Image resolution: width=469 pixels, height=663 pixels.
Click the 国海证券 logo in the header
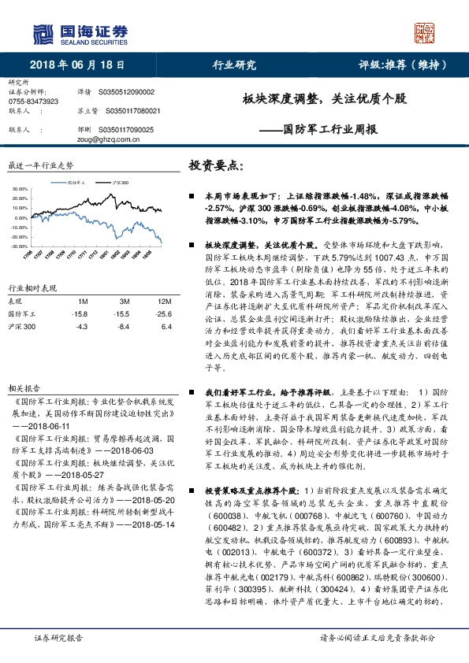click(x=79, y=32)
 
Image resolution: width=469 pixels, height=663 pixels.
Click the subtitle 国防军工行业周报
click(x=329, y=128)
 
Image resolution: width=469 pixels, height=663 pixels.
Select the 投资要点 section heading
click(x=216, y=167)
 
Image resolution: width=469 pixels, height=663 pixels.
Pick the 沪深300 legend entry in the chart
click(x=121, y=182)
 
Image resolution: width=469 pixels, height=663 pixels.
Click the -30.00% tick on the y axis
click(x=19, y=246)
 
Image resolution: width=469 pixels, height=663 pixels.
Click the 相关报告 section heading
click(x=24, y=389)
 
